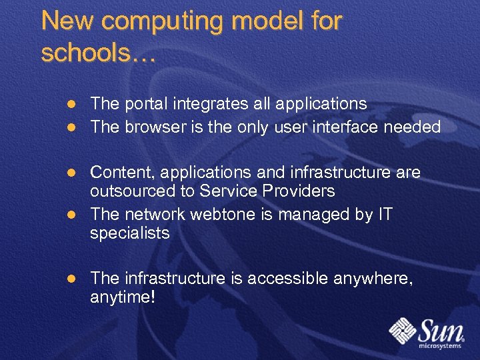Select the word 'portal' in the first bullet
click(x=145, y=104)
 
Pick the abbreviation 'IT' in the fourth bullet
click(x=385, y=214)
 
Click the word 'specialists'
click(x=130, y=233)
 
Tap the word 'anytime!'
click(x=122, y=297)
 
